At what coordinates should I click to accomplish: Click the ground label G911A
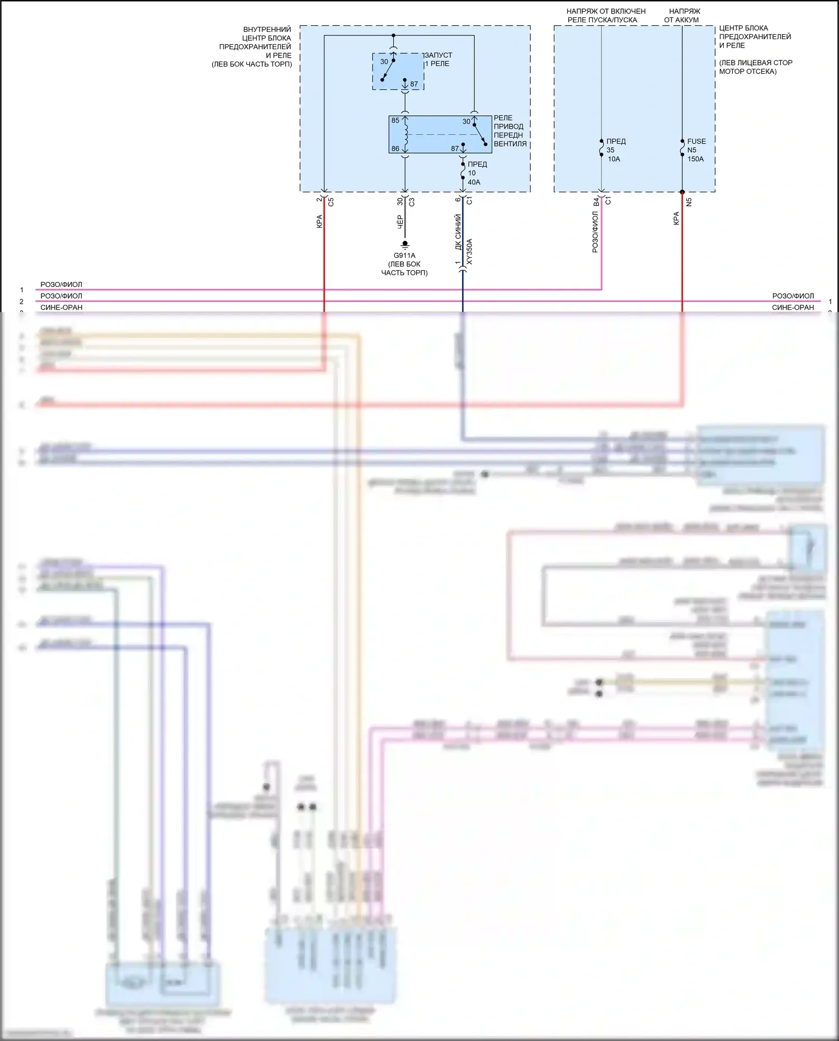pyautogui.click(x=404, y=256)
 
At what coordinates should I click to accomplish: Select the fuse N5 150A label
pyautogui.click(x=695, y=150)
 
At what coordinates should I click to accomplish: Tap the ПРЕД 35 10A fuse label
pyautogui.click(x=615, y=150)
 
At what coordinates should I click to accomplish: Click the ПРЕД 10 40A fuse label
pyautogui.click(x=477, y=173)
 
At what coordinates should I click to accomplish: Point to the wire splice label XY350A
pyautogui.click(x=470, y=252)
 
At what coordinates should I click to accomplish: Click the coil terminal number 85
pyautogui.click(x=395, y=120)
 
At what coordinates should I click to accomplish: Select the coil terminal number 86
pyautogui.click(x=395, y=149)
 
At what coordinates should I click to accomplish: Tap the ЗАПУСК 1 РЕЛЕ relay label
pyautogui.click(x=439, y=59)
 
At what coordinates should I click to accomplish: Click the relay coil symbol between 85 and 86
pyautogui.click(x=406, y=135)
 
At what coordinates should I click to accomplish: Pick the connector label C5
pyautogui.click(x=331, y=201)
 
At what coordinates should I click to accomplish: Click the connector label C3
pyautogui.click(x=412, y=202)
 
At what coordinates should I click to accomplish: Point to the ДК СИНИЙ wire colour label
pyautogui.click(x=458, y=232)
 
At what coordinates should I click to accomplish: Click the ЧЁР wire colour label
pyautogui.click(x=400, y=222)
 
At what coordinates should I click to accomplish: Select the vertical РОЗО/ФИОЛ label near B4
pyautogui.click(x=595, y=232)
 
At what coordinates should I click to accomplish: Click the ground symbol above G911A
pyautogui.click(x=405, y=244)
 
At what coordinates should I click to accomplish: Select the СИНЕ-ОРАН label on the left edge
pyautogui.click(x=62, y=307)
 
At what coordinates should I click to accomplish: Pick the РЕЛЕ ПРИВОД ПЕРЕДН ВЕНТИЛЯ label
pyautogui.click(x=510, y=131)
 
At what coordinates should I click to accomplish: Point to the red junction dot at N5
pyautogui.click(x=682, y=192)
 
